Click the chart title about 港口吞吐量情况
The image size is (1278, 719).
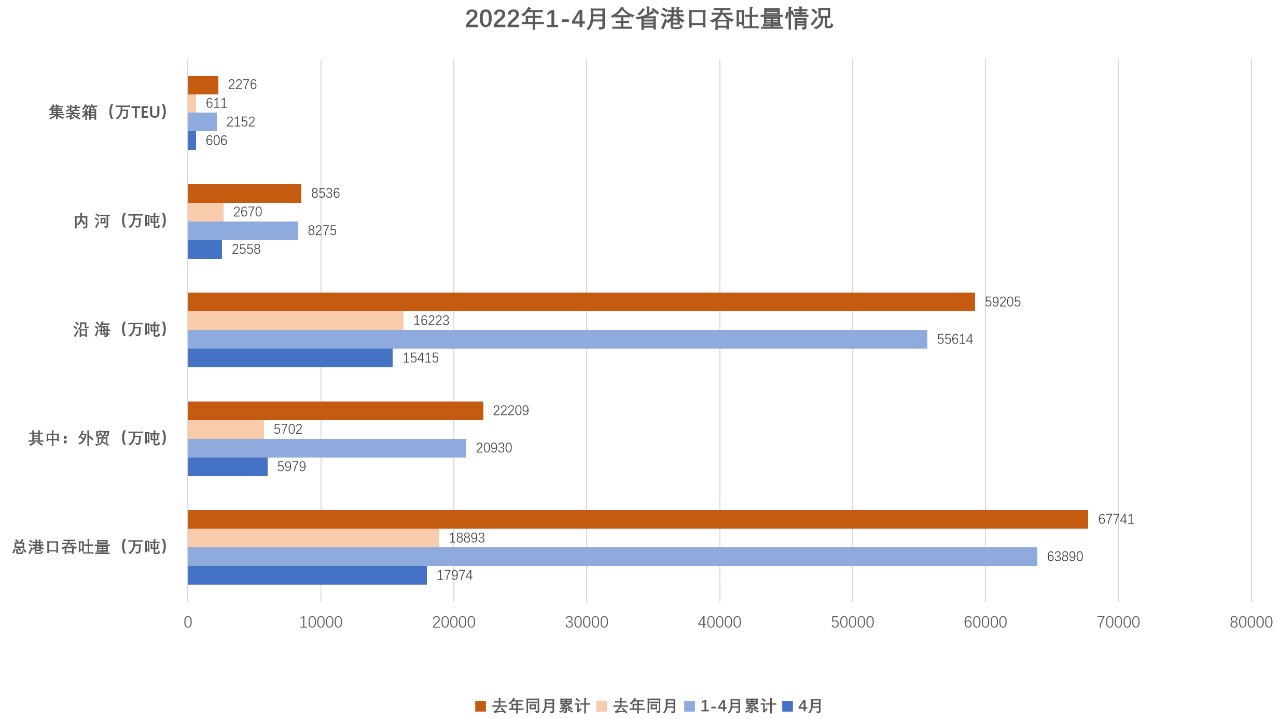point(649,19)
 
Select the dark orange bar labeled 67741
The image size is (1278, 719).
point(638,519)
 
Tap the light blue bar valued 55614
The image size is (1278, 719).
point(558,339)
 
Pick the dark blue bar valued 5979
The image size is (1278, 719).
point(228,467)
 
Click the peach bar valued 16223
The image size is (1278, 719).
point(296,321)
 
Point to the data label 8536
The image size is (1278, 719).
point(325,193)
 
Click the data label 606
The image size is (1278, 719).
point(216,141)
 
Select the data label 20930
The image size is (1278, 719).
point(494,448)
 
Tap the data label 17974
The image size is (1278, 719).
point(454,575)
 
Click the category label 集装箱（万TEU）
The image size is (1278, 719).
point(108,113)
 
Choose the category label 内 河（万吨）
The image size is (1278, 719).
point(120,221)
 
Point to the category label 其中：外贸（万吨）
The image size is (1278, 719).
point(98,438)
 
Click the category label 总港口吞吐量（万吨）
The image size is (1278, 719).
point(90,547)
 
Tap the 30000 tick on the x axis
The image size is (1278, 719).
point(587,622)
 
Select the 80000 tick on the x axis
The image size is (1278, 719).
point(1251,622)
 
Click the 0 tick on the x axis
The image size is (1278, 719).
point(188,622)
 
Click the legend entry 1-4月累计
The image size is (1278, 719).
point(731,706)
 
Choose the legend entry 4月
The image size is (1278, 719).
point(803,706)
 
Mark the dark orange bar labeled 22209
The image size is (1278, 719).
point(336,411)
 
